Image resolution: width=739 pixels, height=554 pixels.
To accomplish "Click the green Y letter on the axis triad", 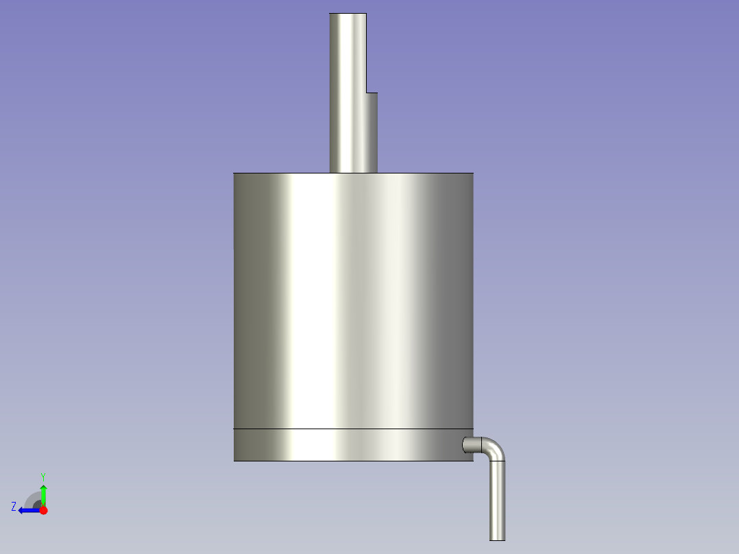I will pyautogui.click(x=43, y=476).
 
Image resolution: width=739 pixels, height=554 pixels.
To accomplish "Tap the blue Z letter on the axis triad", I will pyautogui.click(x=14, y=506).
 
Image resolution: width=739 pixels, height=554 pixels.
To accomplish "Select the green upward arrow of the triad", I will pyautogui.click(x=43, y=492).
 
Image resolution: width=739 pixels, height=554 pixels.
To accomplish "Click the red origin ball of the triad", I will pyautogui.click(x=43, y=510).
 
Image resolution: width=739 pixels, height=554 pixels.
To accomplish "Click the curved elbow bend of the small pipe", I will pyautogui.click(x=495, y=448).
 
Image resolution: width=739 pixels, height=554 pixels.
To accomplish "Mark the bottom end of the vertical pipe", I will pyautogui.click(x=497, y=539).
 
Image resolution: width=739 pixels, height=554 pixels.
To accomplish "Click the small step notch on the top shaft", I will pyautogui.click(x=372, y=92).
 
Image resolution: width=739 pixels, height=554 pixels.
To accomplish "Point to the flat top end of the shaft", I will pyautogui.click(x=348, y=14).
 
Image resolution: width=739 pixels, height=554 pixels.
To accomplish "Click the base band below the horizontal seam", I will pyautogui.click(x=343, y=445).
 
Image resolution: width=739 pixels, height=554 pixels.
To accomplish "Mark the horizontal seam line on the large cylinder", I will pyautogui.click(x=343, y=429).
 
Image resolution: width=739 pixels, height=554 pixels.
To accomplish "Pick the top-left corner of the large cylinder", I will pyautogui.click(x=234, y=173).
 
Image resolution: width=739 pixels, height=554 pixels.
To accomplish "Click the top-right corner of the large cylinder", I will pyautogui.click(x=472, y=173).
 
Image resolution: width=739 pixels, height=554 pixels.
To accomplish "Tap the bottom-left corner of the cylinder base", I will pyautogui.click(x=234, y=460).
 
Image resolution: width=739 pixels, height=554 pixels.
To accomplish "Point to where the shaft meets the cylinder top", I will pyautogui.click(x=353, y=173).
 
